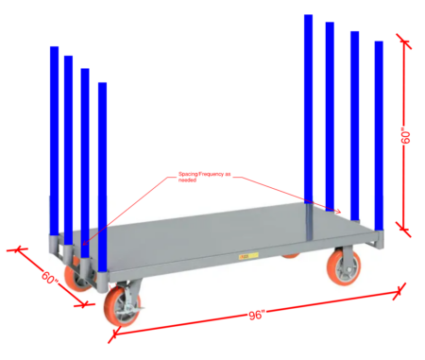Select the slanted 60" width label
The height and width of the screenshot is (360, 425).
(x=49, y=280)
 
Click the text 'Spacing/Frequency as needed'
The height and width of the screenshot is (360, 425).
(x=205, y=178)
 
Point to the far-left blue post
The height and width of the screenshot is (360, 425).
(x=54, y=142)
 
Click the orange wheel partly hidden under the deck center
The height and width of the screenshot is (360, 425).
(x=291, y=253)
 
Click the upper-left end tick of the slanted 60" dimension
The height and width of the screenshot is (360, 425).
(x=16, y=249)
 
